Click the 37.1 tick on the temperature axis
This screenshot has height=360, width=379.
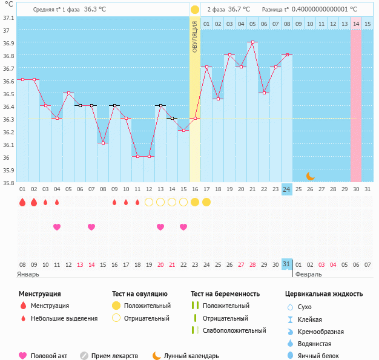coord(8,18)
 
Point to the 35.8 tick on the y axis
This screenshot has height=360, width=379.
coord(8,183)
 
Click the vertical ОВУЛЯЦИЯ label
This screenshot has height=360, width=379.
coord(195,36)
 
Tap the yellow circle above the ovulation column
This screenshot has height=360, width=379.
coord(195,10)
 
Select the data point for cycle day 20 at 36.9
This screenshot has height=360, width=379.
coord(252,42)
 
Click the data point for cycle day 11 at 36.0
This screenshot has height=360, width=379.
coord(137,156)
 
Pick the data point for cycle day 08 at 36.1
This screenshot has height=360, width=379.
coord(103,143)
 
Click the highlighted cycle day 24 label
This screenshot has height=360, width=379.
coord(287,189)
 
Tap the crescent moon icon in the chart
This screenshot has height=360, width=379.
coord(310,176)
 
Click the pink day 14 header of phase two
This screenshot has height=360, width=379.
coord(356,24)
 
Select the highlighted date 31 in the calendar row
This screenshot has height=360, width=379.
coord(287,264)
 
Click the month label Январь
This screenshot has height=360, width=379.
coord(28,274)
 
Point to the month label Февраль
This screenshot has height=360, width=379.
coord(308,274)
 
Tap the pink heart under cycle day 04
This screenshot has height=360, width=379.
coord(57,227)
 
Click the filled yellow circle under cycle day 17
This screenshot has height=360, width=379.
coord(206,201)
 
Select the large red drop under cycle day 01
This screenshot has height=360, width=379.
coord(22,202)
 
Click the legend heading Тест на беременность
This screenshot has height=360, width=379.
coord(225,294)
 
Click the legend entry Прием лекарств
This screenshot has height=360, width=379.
coord(114,356)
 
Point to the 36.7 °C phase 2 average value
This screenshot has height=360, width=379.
coord(238,10)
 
